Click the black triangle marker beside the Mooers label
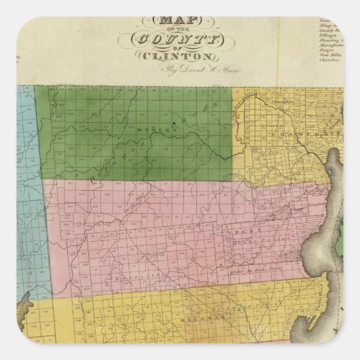click(x=175, y=124)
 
